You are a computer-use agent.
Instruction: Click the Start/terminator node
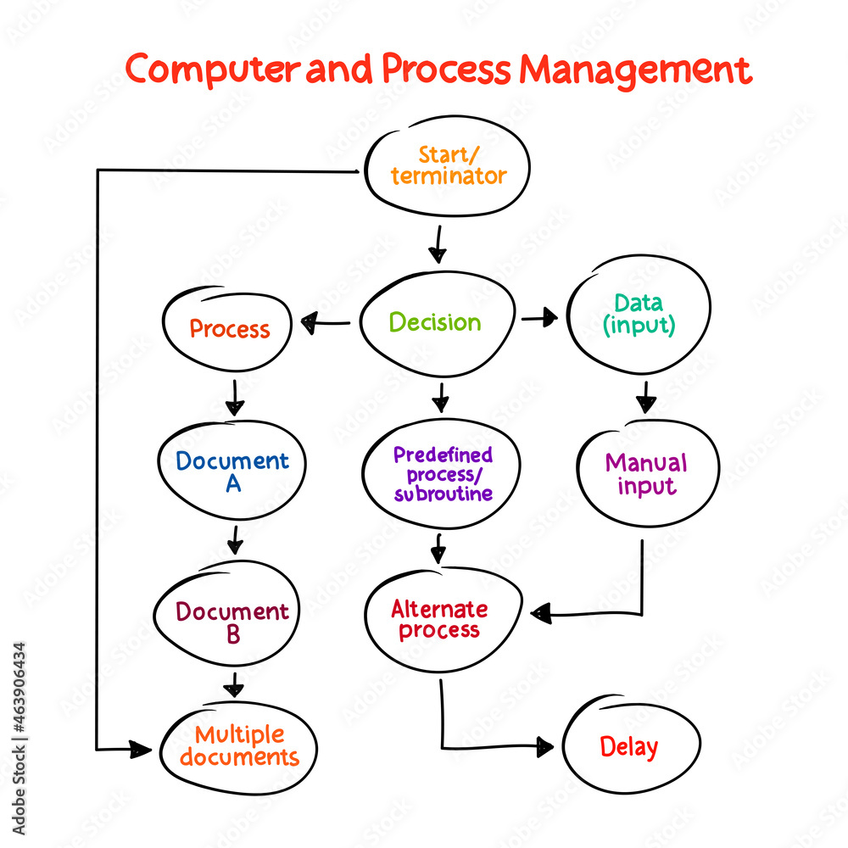(447, 166)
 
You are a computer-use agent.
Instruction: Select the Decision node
(436, 322)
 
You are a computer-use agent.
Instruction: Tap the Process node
(229, 328)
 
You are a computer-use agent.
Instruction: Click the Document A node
(232, 471)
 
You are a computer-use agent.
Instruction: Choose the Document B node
(232, 622)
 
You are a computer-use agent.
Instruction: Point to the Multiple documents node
(239, 746)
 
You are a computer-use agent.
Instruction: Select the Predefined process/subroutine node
(442, 473)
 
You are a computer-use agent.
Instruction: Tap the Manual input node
(647, 473)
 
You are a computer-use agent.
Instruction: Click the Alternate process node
(439, 620)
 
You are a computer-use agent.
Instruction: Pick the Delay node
(629, 747)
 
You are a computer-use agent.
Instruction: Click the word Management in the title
(635, 70)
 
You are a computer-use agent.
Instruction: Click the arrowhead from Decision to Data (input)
(550, 318)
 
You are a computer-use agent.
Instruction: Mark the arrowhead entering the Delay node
(544, 746)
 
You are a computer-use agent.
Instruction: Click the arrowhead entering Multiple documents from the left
(141, 749)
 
